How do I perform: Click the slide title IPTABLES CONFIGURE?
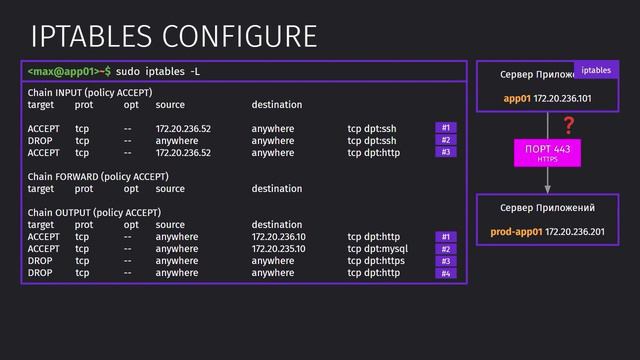pos(174,37)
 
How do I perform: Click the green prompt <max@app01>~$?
pos(68,72)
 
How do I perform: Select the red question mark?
pos(569,126)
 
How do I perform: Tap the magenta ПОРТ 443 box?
pos(548,152)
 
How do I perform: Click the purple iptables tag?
pos(596,70)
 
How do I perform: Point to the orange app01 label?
pos(517,99)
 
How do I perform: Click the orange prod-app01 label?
pos(516,232)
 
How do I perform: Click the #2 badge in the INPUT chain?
pos(446,141)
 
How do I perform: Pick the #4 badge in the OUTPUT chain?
pos(446,273)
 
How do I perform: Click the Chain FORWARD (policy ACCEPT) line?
pos(97,177)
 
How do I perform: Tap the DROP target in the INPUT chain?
pos(40,141)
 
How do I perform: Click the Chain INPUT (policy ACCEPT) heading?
pos(90,93)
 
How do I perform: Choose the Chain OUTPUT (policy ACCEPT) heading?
pos(94,213)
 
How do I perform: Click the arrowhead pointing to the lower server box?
pos(548,187)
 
